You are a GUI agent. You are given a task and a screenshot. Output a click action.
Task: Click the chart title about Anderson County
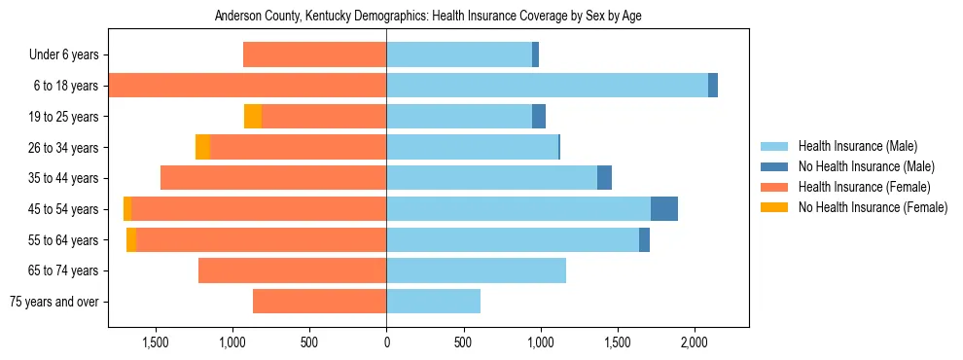pyautogui.click(x=428, y=16)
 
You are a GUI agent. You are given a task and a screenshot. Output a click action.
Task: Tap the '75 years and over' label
pyautogui.click(x=55, y=302)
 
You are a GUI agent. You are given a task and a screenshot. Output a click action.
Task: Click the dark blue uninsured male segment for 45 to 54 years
pyautogui.click(x=664, y=209)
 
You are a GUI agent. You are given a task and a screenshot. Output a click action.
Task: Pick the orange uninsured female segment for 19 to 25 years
pyautogui.click(x=253, y=117)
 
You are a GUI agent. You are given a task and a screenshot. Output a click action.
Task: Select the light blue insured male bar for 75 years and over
pyautogui.click(x=433, y=302)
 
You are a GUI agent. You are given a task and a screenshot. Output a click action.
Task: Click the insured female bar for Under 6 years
pyautogui.click(x=314, y=55)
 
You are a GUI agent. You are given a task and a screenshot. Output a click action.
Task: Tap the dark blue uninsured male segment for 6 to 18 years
pyautogui.click(x=713, y=86)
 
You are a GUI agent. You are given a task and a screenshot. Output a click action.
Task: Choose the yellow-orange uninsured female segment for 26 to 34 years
pyautogui.click(x=202, y=147)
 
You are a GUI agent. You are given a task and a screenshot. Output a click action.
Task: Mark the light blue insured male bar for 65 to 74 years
pyautogui.click(x=476, y=270)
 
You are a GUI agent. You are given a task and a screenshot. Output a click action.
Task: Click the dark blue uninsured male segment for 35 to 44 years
pyautogui.click(x=604, y=178)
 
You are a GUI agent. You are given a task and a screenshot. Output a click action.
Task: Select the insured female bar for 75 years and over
pyautogui.click(x=319, y=302)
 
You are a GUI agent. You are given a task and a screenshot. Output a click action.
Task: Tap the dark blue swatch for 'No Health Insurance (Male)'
pyautogui.click(x=773, y=167)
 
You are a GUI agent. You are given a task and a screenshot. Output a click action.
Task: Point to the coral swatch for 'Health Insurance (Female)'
pyautogui.click(x=773, y=187)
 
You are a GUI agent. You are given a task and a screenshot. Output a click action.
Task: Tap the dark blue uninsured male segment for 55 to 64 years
pyautogui.click(x=644, y=240)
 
